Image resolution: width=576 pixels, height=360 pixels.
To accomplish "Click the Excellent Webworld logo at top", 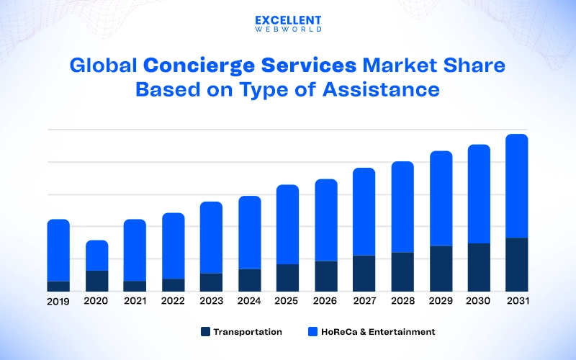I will (x=288, y=24).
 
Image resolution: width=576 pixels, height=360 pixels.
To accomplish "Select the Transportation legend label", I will (x=248, y=332).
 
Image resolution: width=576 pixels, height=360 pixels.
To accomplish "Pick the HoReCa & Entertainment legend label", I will (x=378, y=332).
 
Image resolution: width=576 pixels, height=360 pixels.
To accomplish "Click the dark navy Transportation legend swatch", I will (x=205, y=332).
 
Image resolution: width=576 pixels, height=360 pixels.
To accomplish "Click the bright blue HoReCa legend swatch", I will (x=312, y=332).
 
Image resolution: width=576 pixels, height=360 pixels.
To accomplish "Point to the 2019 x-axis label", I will (x=58, y=302).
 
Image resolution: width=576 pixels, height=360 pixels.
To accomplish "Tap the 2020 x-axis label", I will (x=96, y=302).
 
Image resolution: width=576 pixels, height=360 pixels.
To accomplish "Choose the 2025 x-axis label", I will (x=287, y=302).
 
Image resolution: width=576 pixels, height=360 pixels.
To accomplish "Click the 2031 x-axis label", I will (x=516, y=302).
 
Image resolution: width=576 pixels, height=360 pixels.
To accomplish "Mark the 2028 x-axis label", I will (x=402, y=302).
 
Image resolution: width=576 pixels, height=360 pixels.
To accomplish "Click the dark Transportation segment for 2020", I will (x=97, y=281).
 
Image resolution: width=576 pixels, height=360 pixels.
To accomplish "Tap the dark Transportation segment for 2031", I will (x=516, y=264).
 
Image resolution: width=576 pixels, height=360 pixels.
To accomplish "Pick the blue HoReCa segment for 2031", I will (x=516, y=186).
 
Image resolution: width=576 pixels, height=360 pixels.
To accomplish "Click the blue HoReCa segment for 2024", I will (x=249, y=232).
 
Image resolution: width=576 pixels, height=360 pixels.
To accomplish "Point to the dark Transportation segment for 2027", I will (x=364, y=273).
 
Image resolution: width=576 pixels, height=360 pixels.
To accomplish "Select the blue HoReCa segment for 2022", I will (x=173, y=246).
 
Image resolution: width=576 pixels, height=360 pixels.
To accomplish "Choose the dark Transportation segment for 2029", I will (x=441, y=269).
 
